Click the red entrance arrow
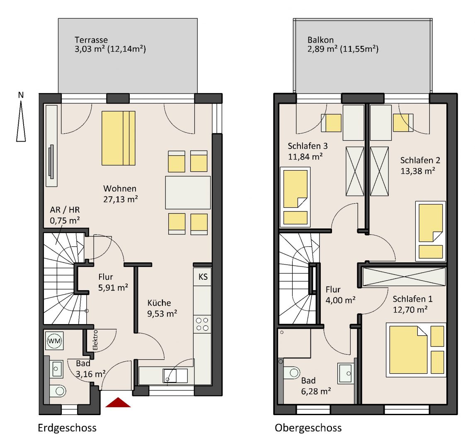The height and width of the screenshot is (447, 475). click(x=118, y=403)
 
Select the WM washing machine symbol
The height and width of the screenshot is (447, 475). click(x=55, y=341)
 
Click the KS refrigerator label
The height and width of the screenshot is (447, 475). click(x=203, y=277)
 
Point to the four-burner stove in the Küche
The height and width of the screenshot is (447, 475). click(x=202, y=324)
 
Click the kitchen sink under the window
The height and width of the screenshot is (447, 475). click(x=175, y=375)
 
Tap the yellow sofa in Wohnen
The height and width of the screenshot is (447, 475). click(x=119, y=138)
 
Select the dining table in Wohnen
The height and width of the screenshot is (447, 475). click(x=188, y=192)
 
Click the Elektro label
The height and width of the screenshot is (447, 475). click(x=95, y=340)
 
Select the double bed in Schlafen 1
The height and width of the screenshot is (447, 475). click(x=416, y=350)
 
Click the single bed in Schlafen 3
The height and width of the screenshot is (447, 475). click(x=296, y=197)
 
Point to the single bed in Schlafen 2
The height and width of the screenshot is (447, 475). click(x=431, y=231)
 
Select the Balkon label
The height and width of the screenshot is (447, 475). click(x=320, y=40)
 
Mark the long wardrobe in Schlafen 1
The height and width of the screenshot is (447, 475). click(x=404, y=276)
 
